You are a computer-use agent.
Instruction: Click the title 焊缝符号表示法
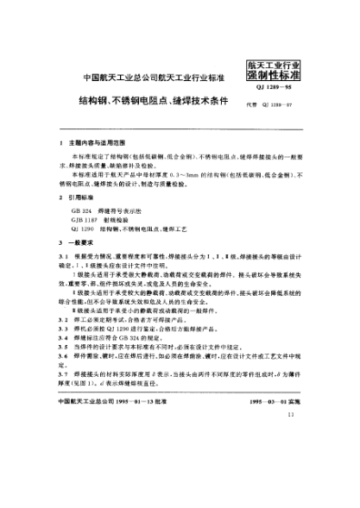tap(128, 210)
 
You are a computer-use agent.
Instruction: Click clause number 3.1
tap(62, 259)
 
